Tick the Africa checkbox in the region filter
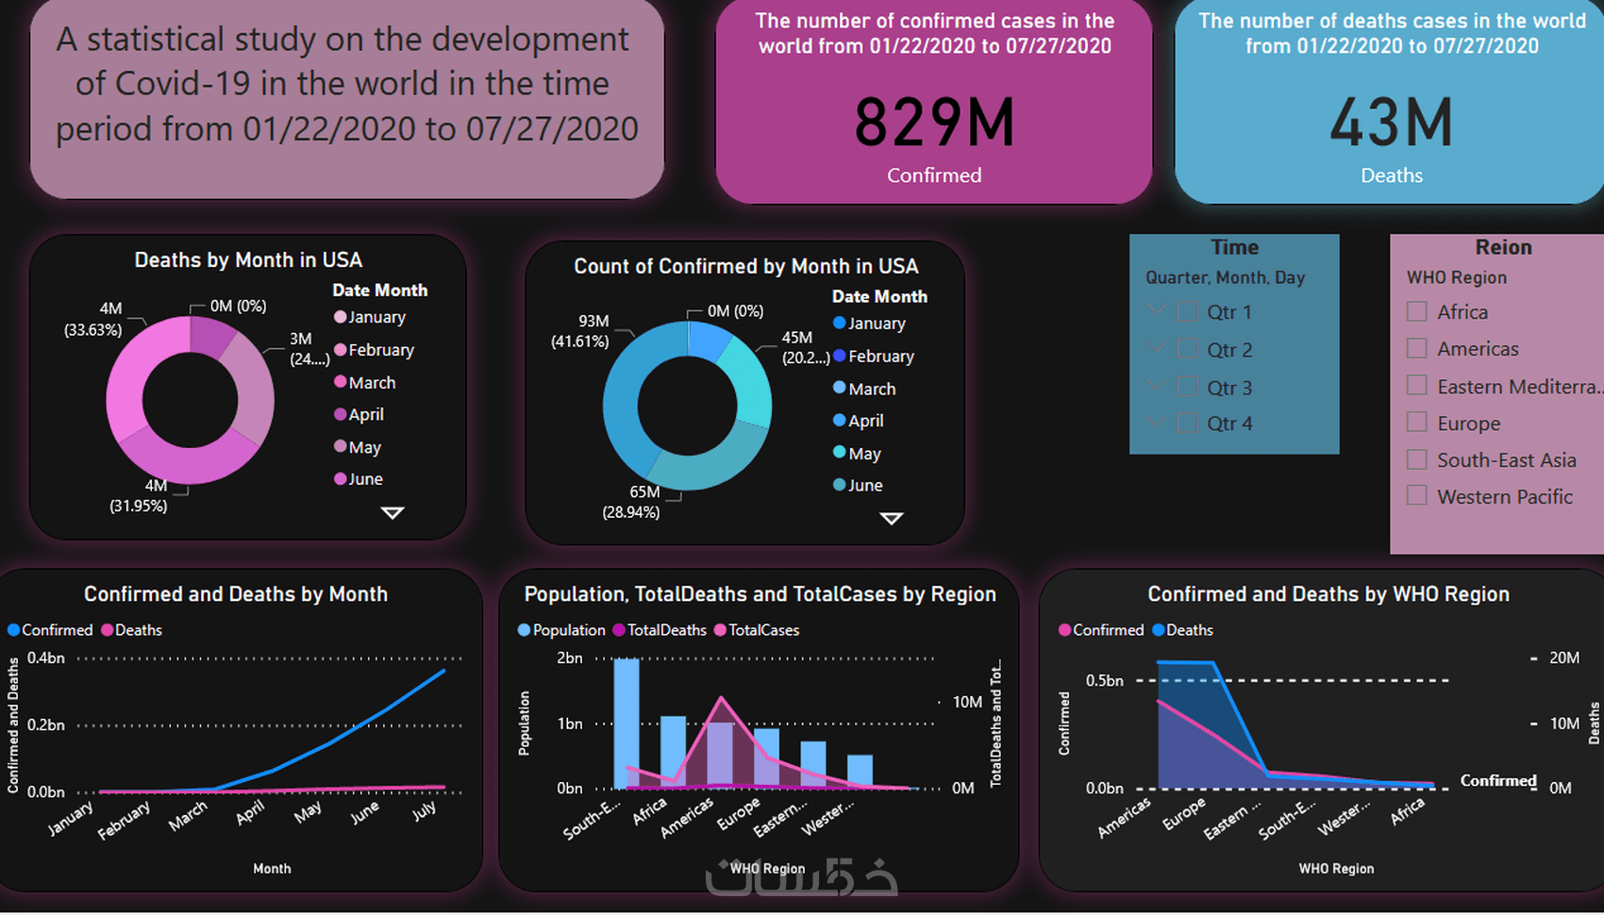[x=1416, y=311]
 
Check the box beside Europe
[x=1416, y=423]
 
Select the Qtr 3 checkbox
[x=1188, y=387]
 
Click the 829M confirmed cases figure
[x=934, y=124]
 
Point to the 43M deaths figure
[x=1391, y=124]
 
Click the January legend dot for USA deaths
[x=341, y=317]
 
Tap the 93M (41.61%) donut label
[x=581, y=331]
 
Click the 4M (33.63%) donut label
[x=94, y=319]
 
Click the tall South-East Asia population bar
[x=627, y=722]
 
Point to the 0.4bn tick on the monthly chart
[x=46, y=657]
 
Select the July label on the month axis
[x=425, y=810]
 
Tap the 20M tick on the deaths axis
[x=1563, y=657]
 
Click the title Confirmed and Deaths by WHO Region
[x=1328, y=594]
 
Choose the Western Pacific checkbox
[x=1416, y=495]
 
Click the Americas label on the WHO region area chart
[x=1125, y=817]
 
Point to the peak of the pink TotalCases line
[x=721, y=698]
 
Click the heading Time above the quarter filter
[x=1234, y=247]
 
